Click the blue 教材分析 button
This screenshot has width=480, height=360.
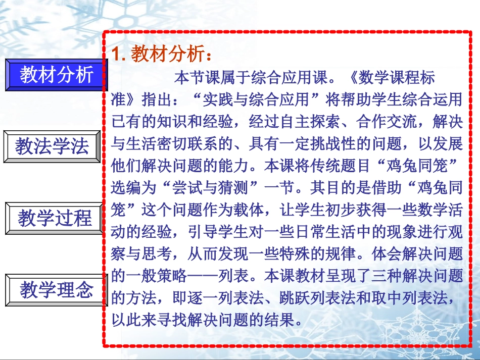click(57, 75)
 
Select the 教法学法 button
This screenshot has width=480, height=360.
click(52, 147)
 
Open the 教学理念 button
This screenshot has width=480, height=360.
click(57, 290)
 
